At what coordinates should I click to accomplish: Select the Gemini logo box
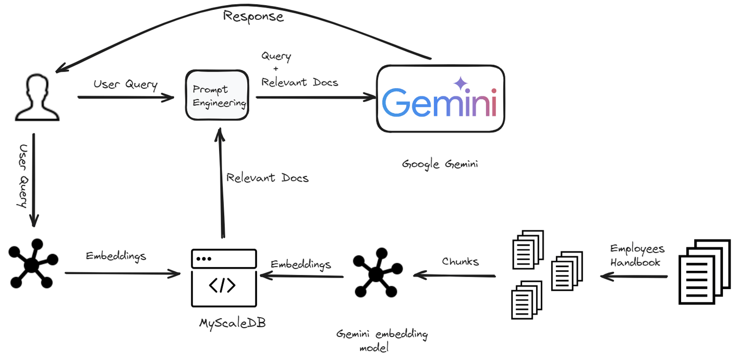pos(440,99)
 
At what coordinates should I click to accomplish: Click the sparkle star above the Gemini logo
pos(460,83)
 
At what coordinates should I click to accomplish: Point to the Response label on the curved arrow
pos(253,16)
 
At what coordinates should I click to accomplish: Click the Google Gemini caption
pos(440,164)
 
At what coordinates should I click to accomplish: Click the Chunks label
pos(460,261)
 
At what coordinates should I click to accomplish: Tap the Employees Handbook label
pos(637,255)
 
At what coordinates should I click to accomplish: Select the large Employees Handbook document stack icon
pos(704,271)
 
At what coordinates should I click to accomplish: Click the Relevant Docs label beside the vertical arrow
pos(267,178)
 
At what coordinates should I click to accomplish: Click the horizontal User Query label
pos(125,84)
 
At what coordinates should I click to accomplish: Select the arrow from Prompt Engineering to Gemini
pos(316,97)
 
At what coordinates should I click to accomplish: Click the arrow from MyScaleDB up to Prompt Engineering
pos(221,183)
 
